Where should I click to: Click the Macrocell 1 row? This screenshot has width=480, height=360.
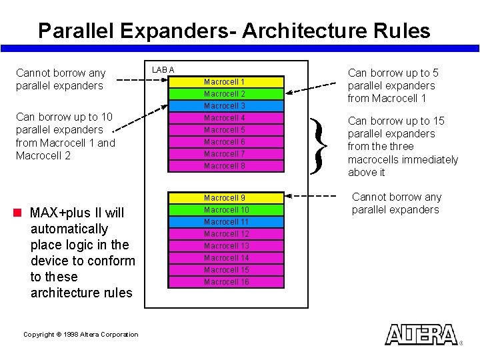click(x=225, y=82)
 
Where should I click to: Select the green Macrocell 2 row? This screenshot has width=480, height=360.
click(x=225, y=94)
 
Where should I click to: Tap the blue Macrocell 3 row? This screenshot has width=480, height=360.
click(x=225, y=106)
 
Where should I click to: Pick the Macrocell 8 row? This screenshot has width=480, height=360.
click(x=225, y=166)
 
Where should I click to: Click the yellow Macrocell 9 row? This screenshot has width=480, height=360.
click(x=225, y=198)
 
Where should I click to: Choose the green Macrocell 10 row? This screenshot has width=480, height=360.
click(x=225, y=210)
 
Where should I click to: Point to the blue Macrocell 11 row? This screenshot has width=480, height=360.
click(x=225, y=222)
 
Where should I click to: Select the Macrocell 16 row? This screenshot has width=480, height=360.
click(x=225, y=282)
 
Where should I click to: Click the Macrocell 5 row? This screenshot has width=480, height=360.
click(x=225, y=130)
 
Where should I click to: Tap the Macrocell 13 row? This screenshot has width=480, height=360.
click(x=225, y=246)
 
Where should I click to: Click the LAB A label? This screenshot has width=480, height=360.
click(x=163, y=70)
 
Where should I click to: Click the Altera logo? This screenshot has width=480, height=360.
click(x=421, y=335)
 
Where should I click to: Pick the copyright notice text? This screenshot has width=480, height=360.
click(x=81, y=335)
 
